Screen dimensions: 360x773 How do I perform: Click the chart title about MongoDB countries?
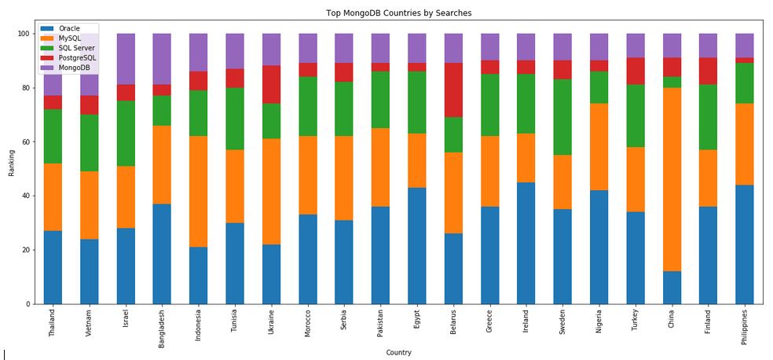click(x=399, y=13)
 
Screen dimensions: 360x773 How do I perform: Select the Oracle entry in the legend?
click(x=69, y=29)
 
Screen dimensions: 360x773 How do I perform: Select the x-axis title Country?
click(x=398, y=352)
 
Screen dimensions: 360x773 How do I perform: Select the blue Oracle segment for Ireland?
click(x=526, y=243)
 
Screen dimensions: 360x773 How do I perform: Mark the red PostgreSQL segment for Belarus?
click(x=453, y=90)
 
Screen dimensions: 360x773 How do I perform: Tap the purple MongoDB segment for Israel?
click(x=126, y=59)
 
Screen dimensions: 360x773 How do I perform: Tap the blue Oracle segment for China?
click(x=672, y=288)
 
